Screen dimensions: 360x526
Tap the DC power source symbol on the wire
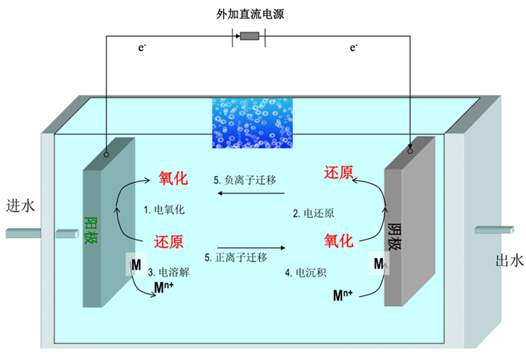[x=249, y=37]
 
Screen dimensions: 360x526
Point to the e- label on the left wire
[x=144, y=48]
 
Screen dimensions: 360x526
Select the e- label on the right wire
[x=354, y=48]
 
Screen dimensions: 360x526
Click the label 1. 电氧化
[x=166, y=210]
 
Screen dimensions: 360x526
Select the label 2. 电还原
[x=313, y=213]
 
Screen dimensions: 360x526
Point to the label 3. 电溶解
[x=169, y=273]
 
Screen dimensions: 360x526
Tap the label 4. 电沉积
[x=306, y=273]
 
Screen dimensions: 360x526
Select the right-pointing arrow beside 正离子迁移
[x=251, y=247]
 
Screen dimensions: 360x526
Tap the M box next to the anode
[x=135, y=265]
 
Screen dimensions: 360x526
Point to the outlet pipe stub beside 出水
[x=494, y=229]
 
